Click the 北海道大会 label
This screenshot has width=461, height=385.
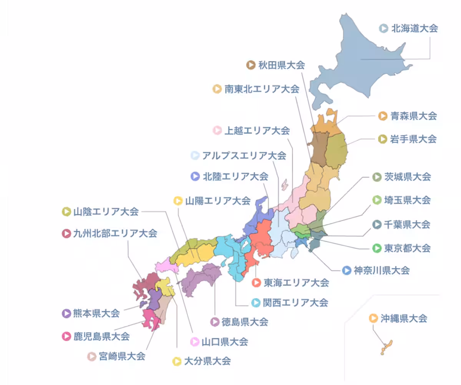[414, 28]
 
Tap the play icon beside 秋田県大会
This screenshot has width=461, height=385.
[251, 65]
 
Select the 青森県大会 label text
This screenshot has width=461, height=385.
[413, 116]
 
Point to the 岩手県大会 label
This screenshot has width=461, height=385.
[413, 139]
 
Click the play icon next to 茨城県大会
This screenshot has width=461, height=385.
[377, 177]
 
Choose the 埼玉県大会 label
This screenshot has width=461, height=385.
[407, 200]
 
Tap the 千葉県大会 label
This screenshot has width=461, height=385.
[407, 224]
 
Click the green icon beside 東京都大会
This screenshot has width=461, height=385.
[377, 248]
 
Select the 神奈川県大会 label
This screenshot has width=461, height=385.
[381, 270]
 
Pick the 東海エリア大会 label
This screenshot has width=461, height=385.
[296, 283]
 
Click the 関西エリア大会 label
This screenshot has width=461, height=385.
[295, 303]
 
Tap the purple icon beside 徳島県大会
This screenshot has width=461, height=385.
[215, 322]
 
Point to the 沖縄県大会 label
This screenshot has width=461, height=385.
[404, 319]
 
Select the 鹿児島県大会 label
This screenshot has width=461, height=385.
[101, 337]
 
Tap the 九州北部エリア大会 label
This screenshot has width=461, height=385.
[115, 233]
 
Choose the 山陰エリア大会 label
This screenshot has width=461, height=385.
[106, 211]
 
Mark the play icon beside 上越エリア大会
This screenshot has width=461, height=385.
[217, 131]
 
